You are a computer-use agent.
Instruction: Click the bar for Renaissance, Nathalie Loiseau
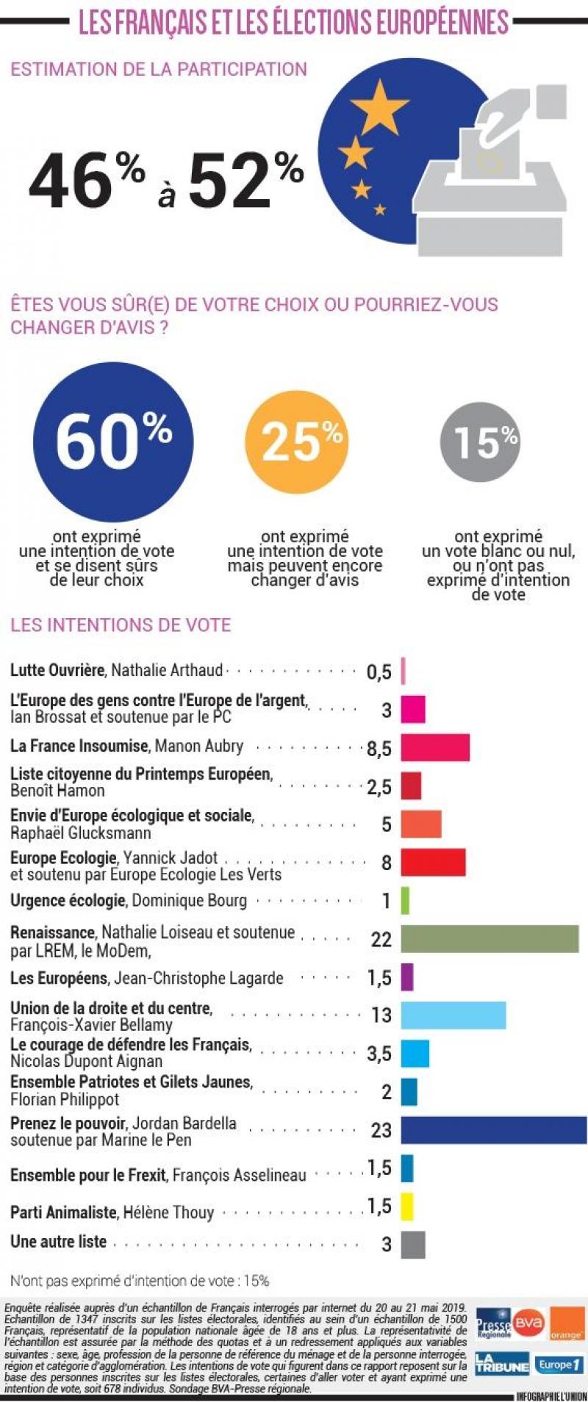pyautogui.click(x=490, y=939)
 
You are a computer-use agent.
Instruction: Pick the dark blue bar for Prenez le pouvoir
pyautogui.click(x=493, y=1129)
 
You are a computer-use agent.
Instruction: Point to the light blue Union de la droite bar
pyautogui.click(x=453, y=1015)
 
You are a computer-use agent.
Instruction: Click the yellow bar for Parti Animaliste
pyautogui.click(x=407, y=1207)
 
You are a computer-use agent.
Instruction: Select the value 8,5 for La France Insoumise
pyautogui.click(x=379, y=749)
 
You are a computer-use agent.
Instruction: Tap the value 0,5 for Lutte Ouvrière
pyautogui.click(x=379, y=672)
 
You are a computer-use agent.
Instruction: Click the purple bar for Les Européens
pyautogui.click(x=407, y=977)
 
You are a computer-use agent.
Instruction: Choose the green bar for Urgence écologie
pyautogui.click(x=405, y=901)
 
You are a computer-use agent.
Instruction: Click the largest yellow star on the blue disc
pyautogui.click(x=379, y=106)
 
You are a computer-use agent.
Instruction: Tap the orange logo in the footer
pyautogui.click(x=567, y=1323)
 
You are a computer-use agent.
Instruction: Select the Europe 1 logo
pyautogui.click(x=559, y=1365)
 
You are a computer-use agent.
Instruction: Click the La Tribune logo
pyautogui.click(x=502, y=1365)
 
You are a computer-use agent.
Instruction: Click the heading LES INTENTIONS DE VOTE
pyautogui.click(x=121, y=625)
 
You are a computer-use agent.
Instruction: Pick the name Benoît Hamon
pyautogui.click(x=57, y=791)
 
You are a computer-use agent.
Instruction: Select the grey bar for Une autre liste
pyautogui.click(x=413, y=1245)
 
